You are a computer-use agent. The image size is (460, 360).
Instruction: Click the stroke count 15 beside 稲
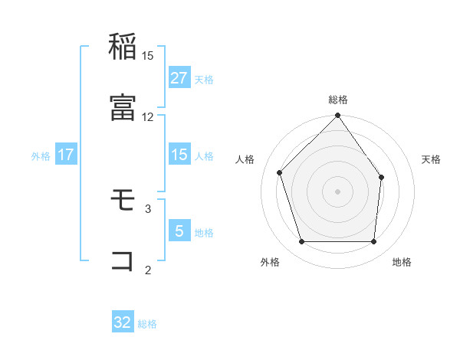(148, 56)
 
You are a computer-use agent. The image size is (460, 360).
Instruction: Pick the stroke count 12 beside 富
(148, 116)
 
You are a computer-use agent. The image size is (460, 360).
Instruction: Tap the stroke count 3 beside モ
(148, 208)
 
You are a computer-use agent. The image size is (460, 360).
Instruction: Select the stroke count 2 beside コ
(148, 269)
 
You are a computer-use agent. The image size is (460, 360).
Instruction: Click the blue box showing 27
(179, 78)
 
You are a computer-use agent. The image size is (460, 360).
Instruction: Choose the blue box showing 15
(179, 155)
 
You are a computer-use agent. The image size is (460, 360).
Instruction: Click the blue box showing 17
(66, 155)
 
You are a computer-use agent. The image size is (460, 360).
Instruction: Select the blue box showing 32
(123, 322)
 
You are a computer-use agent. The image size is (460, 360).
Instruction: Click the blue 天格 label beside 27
(204, 79)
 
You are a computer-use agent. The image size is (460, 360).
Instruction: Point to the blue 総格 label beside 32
(147, 324)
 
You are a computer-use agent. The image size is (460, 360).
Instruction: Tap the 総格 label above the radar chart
(338, 100)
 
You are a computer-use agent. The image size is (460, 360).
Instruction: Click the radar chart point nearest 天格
(382, 177)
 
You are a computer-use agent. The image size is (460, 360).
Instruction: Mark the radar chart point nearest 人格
(280, 172)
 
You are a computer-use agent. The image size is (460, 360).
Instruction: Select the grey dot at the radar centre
(337, 191)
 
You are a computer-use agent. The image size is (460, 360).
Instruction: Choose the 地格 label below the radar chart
(402, 262)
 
